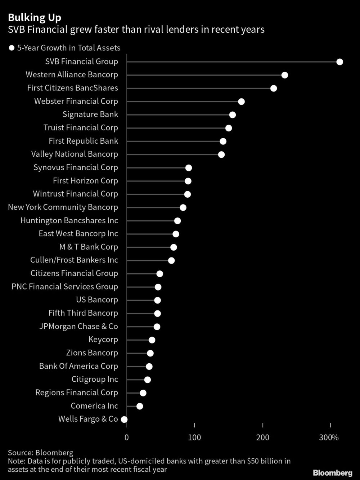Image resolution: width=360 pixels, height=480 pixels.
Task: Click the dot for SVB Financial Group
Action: point(339,62)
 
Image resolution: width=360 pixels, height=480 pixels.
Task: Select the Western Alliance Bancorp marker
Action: point(284,75)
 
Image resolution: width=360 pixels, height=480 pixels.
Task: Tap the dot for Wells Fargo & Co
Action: point(124,419)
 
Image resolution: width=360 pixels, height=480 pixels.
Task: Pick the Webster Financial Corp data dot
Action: point(241,102)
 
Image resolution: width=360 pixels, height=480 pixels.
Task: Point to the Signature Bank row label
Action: point(90,115)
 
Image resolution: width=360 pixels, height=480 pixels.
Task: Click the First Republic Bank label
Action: point(83,141)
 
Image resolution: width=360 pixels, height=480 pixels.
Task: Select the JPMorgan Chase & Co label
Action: point(78,327)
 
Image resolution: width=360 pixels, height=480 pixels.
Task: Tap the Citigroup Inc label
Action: point(95,379)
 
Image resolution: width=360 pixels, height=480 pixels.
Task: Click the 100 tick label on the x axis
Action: point(194,438)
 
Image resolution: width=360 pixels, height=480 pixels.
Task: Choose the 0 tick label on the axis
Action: point(126,438)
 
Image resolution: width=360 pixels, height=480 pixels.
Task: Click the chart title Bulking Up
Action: point(35,18)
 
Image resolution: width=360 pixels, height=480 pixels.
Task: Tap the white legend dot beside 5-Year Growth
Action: point(11,48)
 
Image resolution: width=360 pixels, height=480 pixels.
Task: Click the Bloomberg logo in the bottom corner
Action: point(332,472)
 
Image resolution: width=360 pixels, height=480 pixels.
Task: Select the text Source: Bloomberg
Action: point(40,453)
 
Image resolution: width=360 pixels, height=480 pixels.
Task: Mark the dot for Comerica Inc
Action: point(140,406)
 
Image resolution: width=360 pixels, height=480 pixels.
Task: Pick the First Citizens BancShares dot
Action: point(274,88)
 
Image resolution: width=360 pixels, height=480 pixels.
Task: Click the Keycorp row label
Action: point(103,340)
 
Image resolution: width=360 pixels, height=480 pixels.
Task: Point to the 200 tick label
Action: point(263,438)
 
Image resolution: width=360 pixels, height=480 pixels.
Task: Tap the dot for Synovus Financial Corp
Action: point(188,168)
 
